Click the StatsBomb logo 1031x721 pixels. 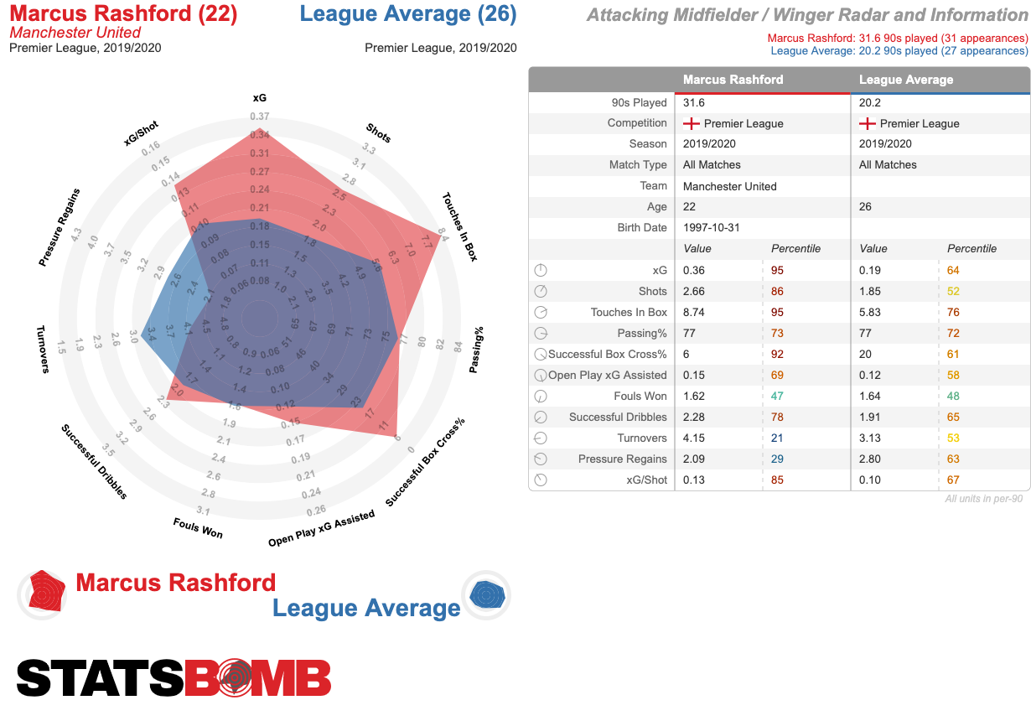click(174, 677)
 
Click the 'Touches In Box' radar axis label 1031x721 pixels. click(459, 227)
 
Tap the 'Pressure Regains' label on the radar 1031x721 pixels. click(60, 227)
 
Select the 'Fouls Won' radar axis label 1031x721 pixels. click(198, 527)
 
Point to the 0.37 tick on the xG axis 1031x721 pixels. click(259, 117)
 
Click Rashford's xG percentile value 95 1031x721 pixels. click(777, 270)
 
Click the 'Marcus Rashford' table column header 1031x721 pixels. click(733, 80)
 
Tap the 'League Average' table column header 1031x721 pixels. click(906, 80)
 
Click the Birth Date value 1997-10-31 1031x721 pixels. click(712, 228)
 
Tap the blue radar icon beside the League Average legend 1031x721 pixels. click(486, 596)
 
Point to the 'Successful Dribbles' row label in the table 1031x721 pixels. click(618, 417)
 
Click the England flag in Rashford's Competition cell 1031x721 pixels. click(692, 123)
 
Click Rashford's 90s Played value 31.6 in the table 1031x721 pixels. click(695, 102)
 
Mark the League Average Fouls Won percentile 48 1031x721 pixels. click(953, 396)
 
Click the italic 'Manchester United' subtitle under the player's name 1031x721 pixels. click(75, 33)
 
